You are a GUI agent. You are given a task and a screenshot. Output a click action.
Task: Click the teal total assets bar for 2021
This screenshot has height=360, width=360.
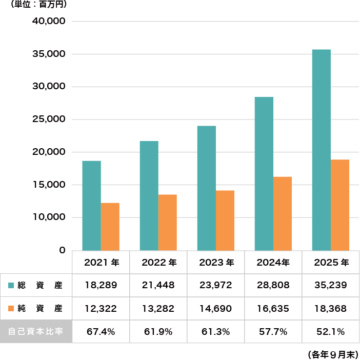click(x=91, y=205)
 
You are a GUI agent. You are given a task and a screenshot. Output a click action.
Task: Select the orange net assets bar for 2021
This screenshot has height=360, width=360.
click(x=110, y=226)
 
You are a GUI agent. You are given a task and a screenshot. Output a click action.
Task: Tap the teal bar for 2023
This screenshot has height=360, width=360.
click(x=206, y=188)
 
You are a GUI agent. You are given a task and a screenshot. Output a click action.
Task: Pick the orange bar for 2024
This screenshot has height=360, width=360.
click(x=283, y=213)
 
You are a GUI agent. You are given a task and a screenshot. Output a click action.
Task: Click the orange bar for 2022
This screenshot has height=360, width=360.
click(x=168, y=222)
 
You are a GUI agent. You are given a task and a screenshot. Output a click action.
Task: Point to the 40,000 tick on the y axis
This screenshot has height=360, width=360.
click(x=49, y=22)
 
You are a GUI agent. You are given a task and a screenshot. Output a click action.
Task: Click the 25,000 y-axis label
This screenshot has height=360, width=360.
click(x=49, y=119)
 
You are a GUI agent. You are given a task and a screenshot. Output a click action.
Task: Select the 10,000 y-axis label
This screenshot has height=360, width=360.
click(x=49, y=217)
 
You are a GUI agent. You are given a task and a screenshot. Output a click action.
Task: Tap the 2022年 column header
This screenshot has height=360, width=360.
click(x=158, y=263)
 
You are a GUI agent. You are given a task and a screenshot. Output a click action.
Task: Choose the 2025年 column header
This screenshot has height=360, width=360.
click(x=331, y=263)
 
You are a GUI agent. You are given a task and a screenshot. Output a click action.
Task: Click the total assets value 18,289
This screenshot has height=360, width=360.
click(x=101, y=285)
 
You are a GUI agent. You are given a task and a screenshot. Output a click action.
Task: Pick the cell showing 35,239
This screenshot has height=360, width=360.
click(x=331, y=285)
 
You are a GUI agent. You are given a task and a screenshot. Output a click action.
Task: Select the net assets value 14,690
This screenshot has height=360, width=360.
click(x=216, y=309)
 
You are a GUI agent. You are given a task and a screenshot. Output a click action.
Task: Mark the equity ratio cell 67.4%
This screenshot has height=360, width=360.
click(x=101, y=331)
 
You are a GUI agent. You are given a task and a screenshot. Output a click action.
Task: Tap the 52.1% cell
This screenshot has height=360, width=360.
click(x=331, y=331)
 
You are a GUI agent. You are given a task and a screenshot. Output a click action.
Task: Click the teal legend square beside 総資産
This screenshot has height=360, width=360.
click(x=11, y=285)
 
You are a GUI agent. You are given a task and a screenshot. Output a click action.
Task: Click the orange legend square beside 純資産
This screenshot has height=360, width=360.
click(x=11, y=309)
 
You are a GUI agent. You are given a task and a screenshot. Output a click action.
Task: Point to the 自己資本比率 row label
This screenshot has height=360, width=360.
click(x=36, y=331)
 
